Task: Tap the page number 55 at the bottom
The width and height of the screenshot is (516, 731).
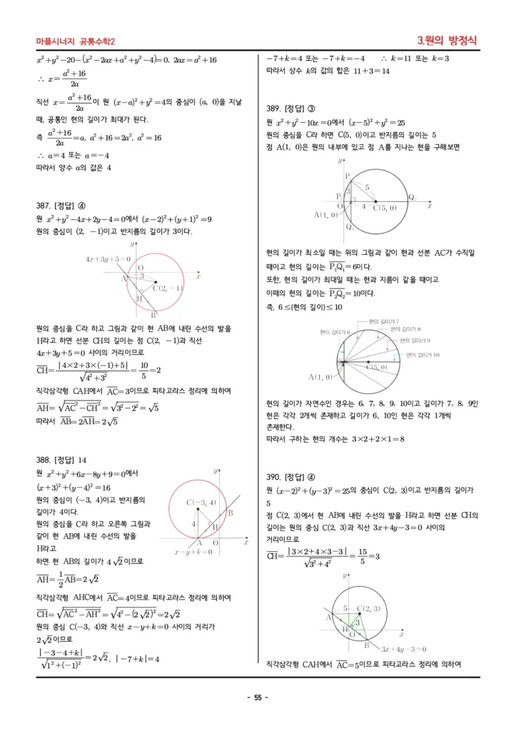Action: pyautogui.click(x=258, y=697)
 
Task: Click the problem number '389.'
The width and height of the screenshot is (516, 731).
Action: pyautogui.click(x=275, y=109)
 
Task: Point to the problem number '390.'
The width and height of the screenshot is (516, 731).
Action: pyautogui.click(x=275, y=477)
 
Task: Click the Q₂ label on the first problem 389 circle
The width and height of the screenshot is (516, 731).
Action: pyautogui.click(x=413, y=197)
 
